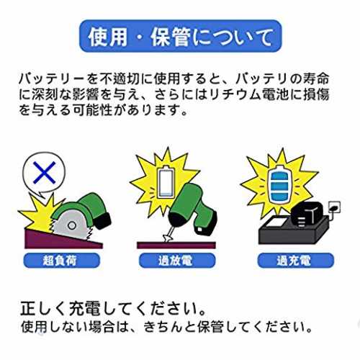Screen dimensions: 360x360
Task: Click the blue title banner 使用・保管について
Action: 180,36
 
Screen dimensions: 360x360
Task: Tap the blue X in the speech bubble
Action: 45,173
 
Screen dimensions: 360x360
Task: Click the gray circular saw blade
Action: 71,225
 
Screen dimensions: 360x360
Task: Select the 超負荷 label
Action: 61,261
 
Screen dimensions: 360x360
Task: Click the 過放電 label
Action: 177,261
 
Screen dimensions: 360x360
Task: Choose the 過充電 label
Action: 295,261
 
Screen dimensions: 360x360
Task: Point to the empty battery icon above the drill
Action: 166,181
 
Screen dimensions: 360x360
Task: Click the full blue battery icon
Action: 279,184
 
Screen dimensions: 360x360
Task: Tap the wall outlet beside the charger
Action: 333,207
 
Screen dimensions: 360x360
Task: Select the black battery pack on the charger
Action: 307,214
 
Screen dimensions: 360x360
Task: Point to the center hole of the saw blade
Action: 71,225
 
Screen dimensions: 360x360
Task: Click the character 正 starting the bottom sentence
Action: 29,308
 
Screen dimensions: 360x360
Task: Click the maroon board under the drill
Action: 176,246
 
